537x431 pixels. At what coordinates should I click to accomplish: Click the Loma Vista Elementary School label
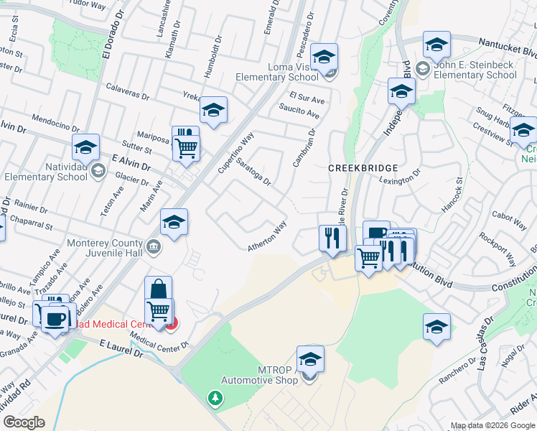287,73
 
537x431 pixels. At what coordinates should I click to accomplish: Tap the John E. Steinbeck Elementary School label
475,70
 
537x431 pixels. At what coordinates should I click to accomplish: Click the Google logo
23,422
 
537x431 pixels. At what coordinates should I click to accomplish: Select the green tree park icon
214,398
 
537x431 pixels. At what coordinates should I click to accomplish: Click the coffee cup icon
54,318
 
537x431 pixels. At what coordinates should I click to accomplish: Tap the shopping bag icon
158,289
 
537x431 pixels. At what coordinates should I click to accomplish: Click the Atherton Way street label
267,236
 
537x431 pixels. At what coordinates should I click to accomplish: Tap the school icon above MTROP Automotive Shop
310,358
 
